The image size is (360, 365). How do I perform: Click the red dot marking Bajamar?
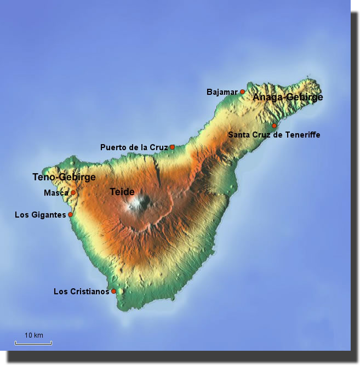point(242,92)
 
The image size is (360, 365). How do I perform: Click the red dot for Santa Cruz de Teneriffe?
point(274,126)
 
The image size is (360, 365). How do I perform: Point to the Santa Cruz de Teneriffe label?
point(274,135)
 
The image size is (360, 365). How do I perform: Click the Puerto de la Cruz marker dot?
point(172,147)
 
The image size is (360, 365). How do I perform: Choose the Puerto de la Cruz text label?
point(134,147)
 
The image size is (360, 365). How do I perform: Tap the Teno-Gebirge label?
point(64,178)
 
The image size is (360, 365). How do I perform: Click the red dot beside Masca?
point(73,193)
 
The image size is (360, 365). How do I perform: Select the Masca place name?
point(56,193)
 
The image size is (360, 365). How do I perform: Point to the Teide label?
point(122,192)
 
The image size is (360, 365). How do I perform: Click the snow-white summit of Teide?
point(136,205)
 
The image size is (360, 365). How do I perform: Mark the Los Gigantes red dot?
point(70,215)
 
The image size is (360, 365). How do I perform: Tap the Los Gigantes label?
point(40,215)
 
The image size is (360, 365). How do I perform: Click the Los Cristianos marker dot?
point(113,291)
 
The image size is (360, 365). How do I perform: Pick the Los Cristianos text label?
point(82,292)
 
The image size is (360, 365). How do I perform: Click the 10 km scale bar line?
point(33,344)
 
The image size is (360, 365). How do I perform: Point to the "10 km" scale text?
point(34,335)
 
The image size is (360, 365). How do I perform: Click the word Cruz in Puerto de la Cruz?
point(158,147)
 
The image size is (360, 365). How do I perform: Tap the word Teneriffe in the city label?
point(301,135)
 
